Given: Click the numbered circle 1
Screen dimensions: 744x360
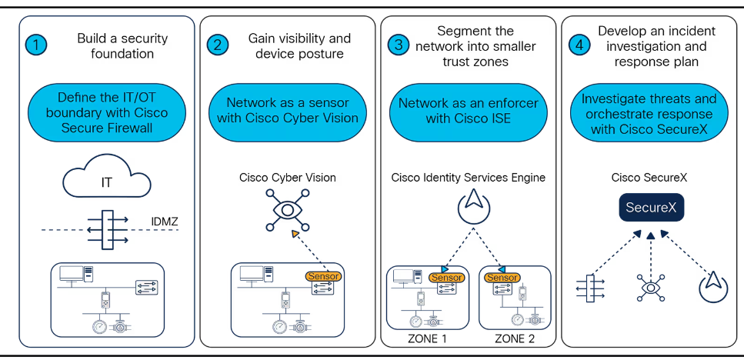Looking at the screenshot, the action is click(x=36, y=45).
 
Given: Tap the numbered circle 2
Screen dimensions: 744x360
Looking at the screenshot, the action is click(x=218, y=45).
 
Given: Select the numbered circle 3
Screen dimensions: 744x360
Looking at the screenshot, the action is click(x=399, y=45).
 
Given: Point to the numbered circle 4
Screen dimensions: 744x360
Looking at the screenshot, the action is click(x=579, y=45).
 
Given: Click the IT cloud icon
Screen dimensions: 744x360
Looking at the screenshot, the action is click(x=107, y=179).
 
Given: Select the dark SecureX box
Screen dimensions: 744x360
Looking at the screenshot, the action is click(x=651, y=207).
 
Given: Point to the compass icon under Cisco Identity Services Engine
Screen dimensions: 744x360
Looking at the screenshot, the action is click(x=473, y=207).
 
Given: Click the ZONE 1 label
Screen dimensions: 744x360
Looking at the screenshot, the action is click(x=427, y=338).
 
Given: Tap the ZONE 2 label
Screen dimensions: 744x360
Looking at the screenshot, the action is click(x=515, y=338).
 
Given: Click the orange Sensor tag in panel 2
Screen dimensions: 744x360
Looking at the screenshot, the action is click(x=323, y=276).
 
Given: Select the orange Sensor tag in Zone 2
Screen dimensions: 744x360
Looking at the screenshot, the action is click(x=502, y=278).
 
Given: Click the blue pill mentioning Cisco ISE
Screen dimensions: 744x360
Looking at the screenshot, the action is click(x=468, y=111).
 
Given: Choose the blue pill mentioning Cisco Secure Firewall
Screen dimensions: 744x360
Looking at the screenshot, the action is click(x=107, y=112).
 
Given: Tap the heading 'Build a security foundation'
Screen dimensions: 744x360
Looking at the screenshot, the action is click(x=122, y=45).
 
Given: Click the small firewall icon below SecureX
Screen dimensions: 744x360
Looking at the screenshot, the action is click(x=590, y=288).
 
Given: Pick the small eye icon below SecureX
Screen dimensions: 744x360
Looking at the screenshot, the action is click(x=651, y=288).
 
